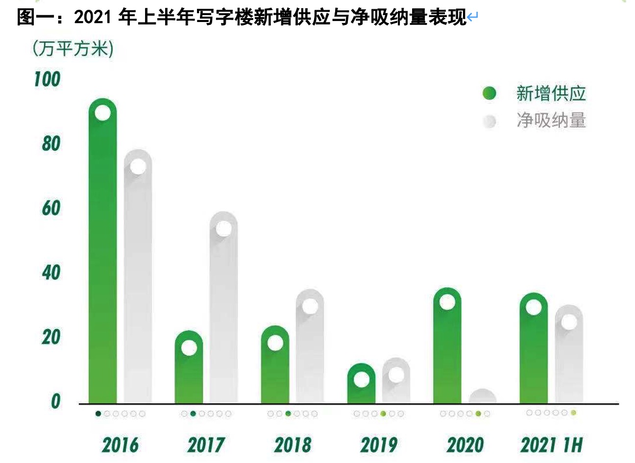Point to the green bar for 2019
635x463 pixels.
tap(361, 389)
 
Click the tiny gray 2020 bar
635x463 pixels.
tap(483, 397)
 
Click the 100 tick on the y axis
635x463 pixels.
tap(47, 79)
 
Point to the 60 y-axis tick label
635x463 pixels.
tap(50, 208)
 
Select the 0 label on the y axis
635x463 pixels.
tap(55, 401)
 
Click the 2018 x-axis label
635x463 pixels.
tap(293, 445)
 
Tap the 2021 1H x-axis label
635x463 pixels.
tap(551, 445)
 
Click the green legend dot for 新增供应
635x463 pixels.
tap(489, 93)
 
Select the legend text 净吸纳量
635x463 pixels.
tap(551, 120)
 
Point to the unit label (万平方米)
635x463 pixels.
tap(73, 49)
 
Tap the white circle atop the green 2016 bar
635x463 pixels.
tap(102, 113)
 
